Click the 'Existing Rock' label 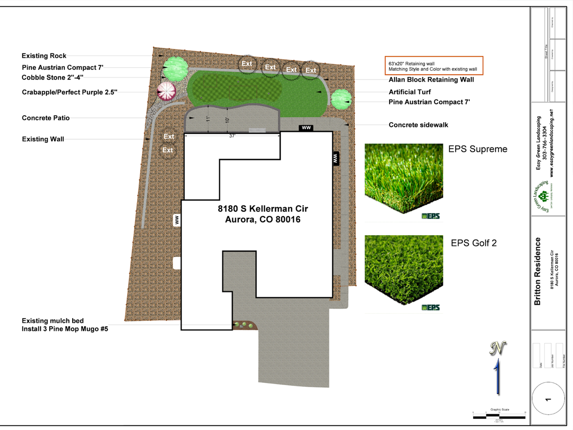(44, 56)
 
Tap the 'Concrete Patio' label (46, 118)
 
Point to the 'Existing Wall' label (43, 139)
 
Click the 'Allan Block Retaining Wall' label (431, 80)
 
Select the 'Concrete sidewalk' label (418, 125)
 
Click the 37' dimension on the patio (233, 136)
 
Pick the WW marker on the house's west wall (177, 220)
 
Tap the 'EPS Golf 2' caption (473, 243)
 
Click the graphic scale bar (499, 417)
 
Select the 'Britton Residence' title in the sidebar (538, 271)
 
